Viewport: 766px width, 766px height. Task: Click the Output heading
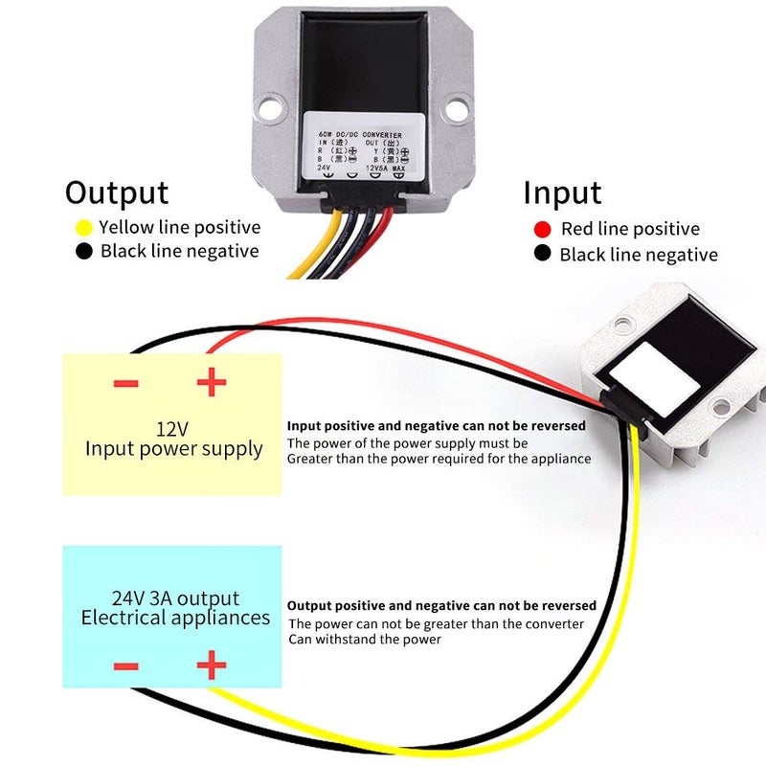(x=117, y=192)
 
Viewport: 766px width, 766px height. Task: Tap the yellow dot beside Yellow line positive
(x=83, y=228)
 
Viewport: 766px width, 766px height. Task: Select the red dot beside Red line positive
(x=543, y=229)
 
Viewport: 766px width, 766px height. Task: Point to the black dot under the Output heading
(x=83, y=252)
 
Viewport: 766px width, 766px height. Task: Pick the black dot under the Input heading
(x=543, y=255)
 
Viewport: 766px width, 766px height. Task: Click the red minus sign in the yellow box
(x=126, y=384)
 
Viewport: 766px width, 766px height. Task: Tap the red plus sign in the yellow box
(x=211, y=383)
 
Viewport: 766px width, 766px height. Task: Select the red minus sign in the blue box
(x=126, y=666)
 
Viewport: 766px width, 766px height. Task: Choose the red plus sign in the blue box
(x=211, y=665)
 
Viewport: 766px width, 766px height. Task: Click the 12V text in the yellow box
(x=173, y=427)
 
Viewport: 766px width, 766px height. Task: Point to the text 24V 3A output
(x=174, y=598)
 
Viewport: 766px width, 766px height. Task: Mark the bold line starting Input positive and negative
(x=436, y=425)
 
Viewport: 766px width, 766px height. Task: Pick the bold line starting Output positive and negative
(x=441, y=605)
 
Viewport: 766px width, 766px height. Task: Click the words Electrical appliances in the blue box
(x=175, y=618)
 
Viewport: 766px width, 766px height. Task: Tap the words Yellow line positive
(x=179, y=228)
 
